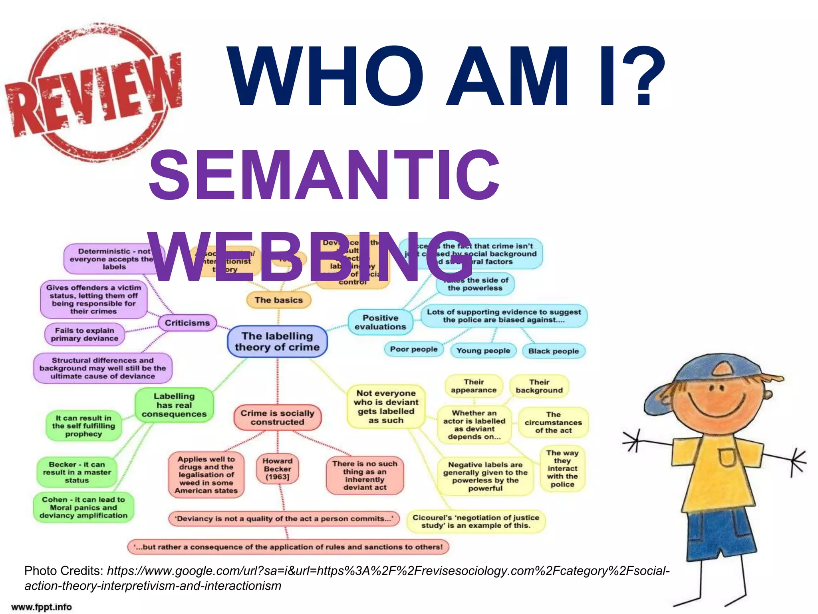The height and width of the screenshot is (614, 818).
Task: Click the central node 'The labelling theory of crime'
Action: [x=277, y=341]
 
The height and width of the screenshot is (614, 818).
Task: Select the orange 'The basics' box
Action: [x=278, y=300]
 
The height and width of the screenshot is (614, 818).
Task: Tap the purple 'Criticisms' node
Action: [x=187, y=323]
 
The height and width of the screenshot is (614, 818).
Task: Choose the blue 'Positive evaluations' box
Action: [x=380, y=322]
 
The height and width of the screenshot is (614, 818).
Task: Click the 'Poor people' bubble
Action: [x=414, y=349]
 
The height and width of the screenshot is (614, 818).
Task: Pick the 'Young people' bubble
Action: [x=483, y=351]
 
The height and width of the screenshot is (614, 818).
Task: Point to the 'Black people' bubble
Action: [x=553, y=351]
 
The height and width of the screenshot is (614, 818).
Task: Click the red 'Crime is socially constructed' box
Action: [x=277, y=417]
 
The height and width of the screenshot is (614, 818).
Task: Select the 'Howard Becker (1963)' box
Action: [x=277, y=468]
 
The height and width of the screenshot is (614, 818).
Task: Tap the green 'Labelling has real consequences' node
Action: [x=174, y=405]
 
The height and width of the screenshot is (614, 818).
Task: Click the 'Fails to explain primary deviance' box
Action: [x=85, y=334]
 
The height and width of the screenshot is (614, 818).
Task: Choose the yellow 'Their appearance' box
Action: [x=474, y=386]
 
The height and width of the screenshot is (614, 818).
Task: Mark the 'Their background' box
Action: [x=539, y=386]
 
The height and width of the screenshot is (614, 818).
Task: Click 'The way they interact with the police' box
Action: [x=562, y=468]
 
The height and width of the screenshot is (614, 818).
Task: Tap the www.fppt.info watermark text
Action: [x=42, y=607]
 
